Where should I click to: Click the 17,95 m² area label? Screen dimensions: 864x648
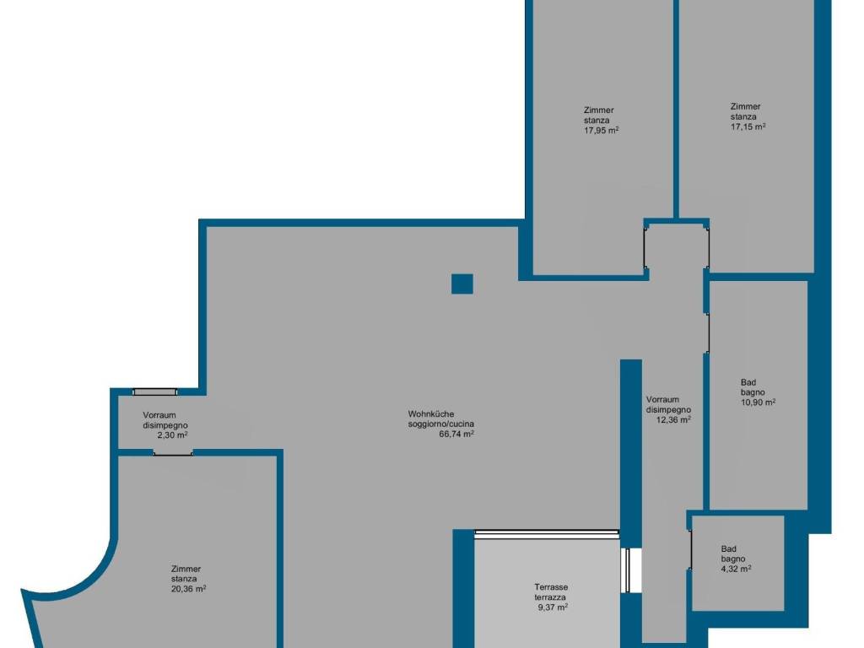pyautogui.click(x=601, y=131)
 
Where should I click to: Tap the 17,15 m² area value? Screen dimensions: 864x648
pyautogui.click(x=748, y=127)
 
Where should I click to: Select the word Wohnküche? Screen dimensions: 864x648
pyautogui.click(x=431, y=413)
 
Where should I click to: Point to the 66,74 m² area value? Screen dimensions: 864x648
pyautogui.click(x=456, y=434)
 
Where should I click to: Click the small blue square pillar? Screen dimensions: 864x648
pyautogui.click(x=462, y=283)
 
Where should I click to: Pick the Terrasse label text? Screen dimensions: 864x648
pyautogui.click(x=551, y=587)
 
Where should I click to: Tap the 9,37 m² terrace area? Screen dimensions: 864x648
pyautogui.click(x=553, y=607)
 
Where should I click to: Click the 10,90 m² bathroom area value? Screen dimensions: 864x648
pyautogui.click(x=759, y=402)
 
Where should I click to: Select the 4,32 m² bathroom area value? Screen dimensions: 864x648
pyautogui.click(x=736, y=569)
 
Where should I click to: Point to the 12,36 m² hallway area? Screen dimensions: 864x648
pyautogui.click(x=673, y=420)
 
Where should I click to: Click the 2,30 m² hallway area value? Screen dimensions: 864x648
pyautogui.click(x=172, y=435)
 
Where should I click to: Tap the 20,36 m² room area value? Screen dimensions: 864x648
pyautogui.click(x=188, y=589)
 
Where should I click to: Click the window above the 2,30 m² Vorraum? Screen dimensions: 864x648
pyautogui.click(x=155, y=391)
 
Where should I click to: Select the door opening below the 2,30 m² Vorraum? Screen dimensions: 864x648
pyautogui.click(x=173, y=452)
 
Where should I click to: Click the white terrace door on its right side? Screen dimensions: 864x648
pyautogui.click(x=626, y=570)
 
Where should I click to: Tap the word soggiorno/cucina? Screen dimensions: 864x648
pyautogui.click(x=440, y=424)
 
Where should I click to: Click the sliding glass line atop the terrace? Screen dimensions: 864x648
pyautogui.click(x=547, y=532)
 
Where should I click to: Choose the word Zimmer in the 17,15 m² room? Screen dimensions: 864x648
pyautogui.click(x=746, y=106)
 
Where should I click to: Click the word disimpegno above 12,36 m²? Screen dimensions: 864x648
pyautogui.click(x=668, y=410)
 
